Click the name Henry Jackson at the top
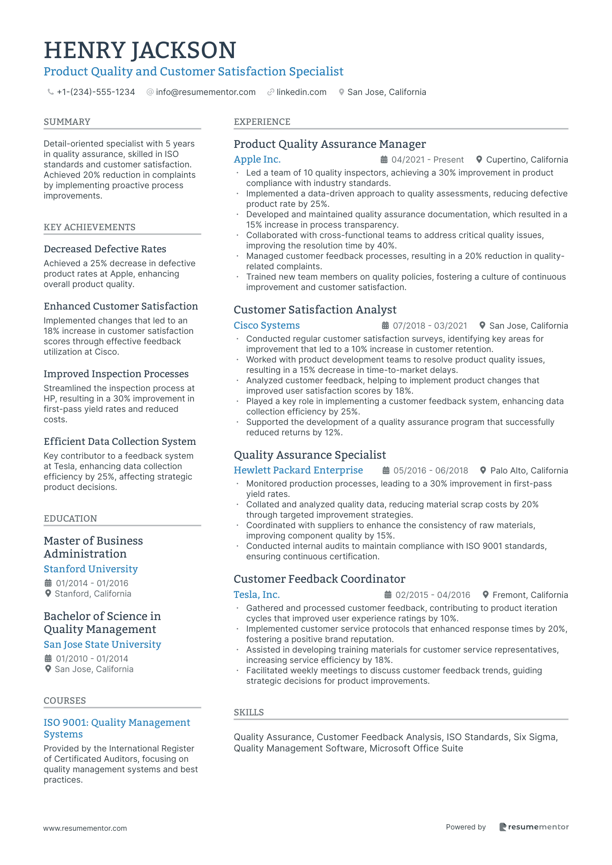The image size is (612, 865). tap(140, 50)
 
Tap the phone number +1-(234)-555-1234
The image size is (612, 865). tap(95, 92)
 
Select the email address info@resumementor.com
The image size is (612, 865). tap(205, 92)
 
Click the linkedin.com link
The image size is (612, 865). tap(301, 92)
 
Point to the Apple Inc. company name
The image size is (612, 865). tap(257, 160)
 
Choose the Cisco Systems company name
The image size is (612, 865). tap(267, 326)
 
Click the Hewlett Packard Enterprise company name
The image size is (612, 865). tap(298, 470)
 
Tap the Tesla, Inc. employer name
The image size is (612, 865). tap(257, 595)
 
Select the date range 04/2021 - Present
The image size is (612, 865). tap(427, 160)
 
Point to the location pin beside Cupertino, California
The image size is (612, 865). tap(479, 160)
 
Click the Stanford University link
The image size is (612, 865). tap(91, 569)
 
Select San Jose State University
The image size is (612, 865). tap(102, 644)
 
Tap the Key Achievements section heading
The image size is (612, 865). tap(89, 227)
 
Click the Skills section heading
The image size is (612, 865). tap(249, 712)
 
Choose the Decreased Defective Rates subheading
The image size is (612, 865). tap(105, 249)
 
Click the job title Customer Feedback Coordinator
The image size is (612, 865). tap(319, 579)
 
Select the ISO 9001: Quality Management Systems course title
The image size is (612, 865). tap(117, 728)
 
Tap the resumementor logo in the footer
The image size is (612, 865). tap(533, 827)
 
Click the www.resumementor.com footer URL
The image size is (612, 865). tap(85, 828)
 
